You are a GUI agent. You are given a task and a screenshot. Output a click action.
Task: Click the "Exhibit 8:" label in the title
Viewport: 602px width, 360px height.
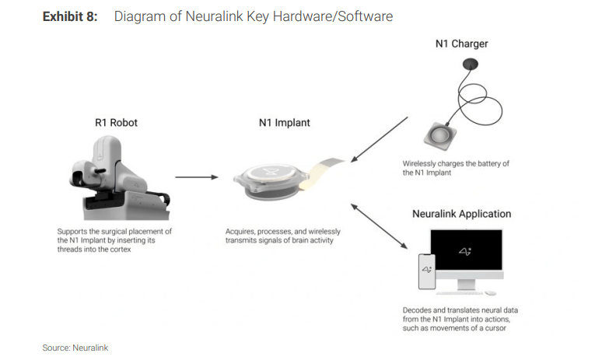(70, 16)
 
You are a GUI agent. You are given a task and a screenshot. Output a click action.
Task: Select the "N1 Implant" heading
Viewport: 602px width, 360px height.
(282, 122)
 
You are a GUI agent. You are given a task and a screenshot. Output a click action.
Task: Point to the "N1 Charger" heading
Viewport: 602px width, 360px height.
(462, 44)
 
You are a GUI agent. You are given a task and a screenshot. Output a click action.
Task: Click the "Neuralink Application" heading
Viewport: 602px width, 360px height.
(462, 213)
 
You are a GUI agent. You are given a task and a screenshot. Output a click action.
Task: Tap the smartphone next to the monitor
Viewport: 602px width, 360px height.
(426, 271)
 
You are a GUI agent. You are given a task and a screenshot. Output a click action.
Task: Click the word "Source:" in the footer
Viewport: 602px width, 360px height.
(56, 348)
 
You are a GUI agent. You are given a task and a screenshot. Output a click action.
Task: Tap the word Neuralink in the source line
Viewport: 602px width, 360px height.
(90, 348)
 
